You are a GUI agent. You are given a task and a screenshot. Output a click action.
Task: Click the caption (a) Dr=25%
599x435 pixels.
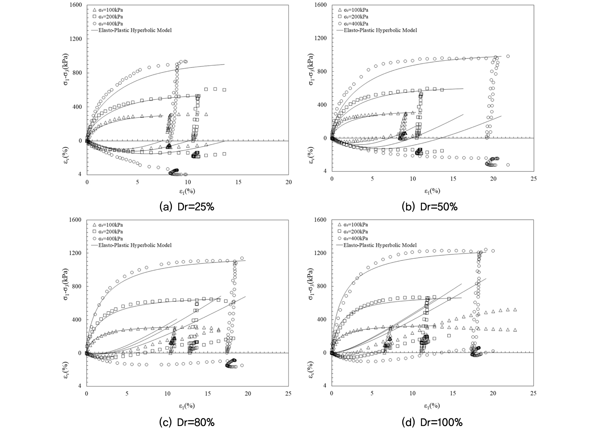(x=187, y=207)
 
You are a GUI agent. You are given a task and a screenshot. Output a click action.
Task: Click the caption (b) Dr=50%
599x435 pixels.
(x=430, y=207)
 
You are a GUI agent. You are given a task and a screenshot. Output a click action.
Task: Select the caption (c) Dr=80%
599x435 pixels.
(x=187, y=422)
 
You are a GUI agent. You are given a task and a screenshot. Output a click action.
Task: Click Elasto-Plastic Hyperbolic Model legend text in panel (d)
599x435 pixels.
(x=380, y=245)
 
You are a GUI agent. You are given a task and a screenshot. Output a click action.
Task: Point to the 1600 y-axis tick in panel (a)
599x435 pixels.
(x=76, y=5)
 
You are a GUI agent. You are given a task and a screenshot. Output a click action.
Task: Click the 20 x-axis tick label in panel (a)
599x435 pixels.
(x=288, y=182)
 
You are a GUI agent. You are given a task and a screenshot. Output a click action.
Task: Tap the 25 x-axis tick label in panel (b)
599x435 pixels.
(x=533, y=179)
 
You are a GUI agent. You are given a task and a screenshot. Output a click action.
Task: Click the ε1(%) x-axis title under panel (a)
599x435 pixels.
(x=187, y=191)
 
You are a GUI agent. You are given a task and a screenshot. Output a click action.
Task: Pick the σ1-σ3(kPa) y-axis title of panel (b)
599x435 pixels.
(x=311, y=69)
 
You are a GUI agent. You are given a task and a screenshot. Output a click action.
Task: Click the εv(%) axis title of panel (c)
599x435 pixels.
(x=66, y=369)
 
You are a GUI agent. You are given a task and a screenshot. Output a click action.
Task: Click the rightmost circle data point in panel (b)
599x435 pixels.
(x=508, y=165)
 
